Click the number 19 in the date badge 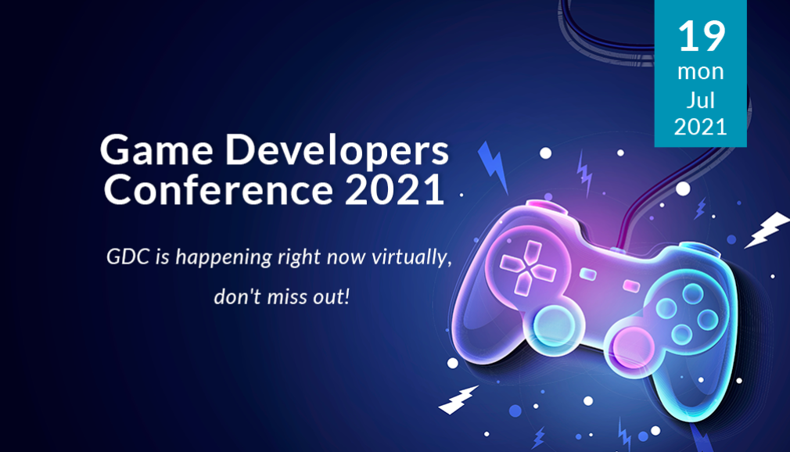[702, 36]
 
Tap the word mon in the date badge [700, 72]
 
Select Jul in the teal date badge [700, 99]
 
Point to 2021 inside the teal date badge [700, 127]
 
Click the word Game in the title [156, 150]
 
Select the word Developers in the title [336, 151]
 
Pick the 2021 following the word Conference [394, 189]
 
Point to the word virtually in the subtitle [411, 258]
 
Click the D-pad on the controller [527, 268]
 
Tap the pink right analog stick [634, 347]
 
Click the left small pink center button [587, 274]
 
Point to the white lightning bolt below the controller [458, 400]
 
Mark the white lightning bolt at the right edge [767, 230]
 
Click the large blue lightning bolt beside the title [494, 168]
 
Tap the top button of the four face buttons [692, 294]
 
